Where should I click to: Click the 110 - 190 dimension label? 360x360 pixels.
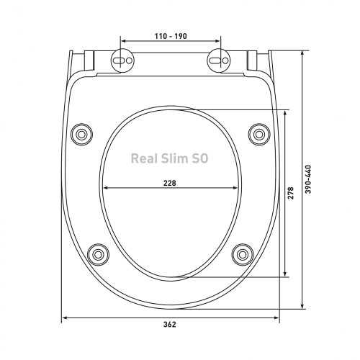[x=171, y=36]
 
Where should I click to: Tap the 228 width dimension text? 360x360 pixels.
[x=170, y=183]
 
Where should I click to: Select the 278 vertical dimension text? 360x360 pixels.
[x=290, y=193]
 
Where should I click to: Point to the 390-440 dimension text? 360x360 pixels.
[x=308, y=179]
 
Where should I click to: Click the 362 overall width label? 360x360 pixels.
[x=170, y=325]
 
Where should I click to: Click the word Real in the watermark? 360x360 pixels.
[x=144, y=158]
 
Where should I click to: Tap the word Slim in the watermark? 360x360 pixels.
[x=174, y=158]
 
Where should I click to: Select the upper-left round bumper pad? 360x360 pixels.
[x=81, y=135]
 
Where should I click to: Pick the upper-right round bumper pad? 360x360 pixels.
[x=259, y=135]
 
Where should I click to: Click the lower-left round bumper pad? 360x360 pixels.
[x=98, y=255]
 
